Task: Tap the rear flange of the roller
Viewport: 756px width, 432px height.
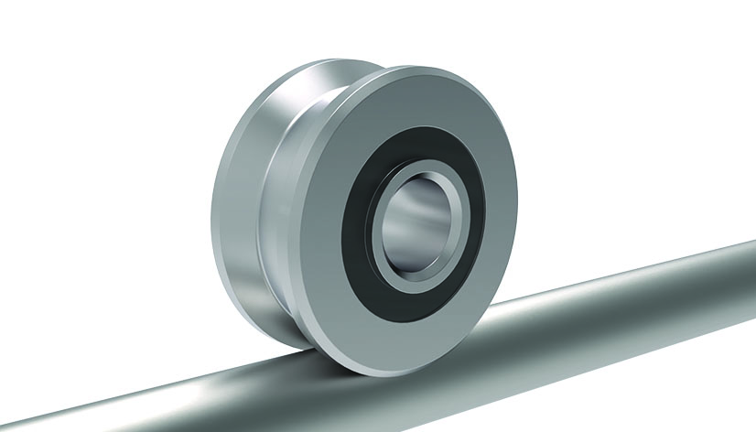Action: pyautogui.click(x=243, y=201)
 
